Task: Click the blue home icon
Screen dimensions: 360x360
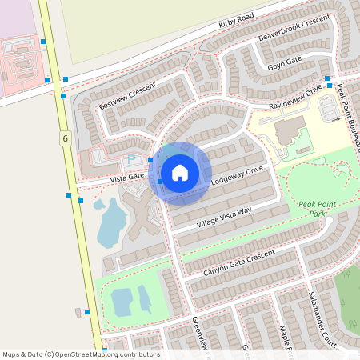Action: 180,172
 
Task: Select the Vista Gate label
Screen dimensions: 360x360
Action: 126,176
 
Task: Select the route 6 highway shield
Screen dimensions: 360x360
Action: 63,139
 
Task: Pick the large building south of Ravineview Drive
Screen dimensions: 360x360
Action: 287,130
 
